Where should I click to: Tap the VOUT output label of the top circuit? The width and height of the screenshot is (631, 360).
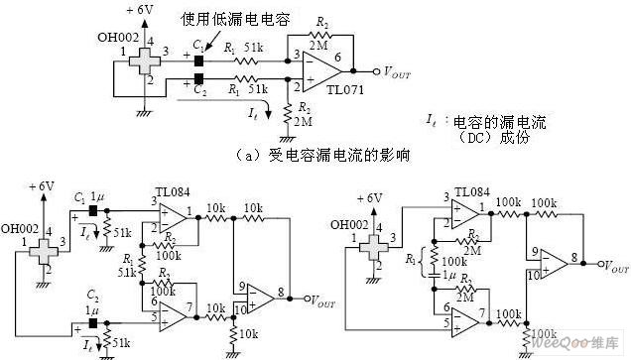point(400,71)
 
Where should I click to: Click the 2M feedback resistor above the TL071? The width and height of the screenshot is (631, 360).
point(318,34)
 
